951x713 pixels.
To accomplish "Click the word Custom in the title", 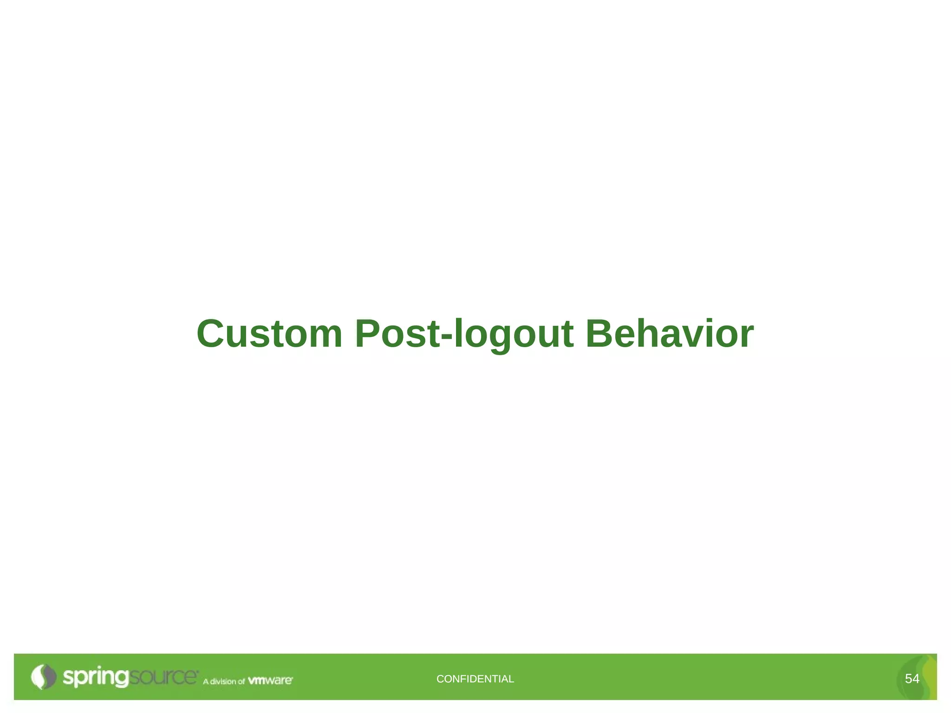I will point(269,334).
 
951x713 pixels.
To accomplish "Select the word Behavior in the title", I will point(669,334).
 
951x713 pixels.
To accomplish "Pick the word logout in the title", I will point(513,334).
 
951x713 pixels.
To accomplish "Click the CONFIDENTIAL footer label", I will point(475,679).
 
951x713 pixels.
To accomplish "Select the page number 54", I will point(912,679).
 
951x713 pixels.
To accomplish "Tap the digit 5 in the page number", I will point(908,679).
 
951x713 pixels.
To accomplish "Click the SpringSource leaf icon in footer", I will point(43,677).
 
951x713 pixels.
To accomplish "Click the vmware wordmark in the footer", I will point(270,681).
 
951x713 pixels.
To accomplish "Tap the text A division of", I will point(223,681).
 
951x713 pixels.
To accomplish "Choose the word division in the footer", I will point(223,681).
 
